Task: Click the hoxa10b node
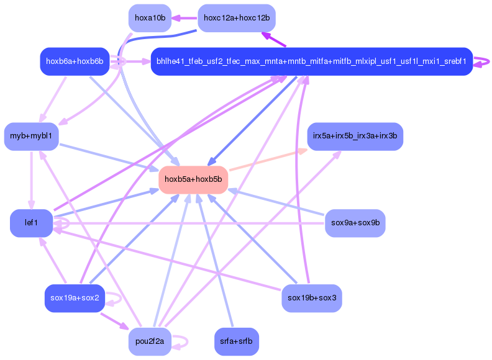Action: (150, 18)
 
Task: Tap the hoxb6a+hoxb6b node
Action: (75, 61)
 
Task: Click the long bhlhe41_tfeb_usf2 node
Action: (311, 61)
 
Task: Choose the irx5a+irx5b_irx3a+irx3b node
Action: (355, 136)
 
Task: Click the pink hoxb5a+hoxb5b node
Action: (193, 179)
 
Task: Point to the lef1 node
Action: (31, 223)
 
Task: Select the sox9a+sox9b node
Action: (355, 223)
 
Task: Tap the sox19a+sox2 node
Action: (75, 298)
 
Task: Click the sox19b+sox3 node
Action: (311, 298)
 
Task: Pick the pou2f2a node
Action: (150, 341)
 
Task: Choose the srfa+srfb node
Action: (237, 341)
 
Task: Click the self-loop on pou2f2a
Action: (181, 341)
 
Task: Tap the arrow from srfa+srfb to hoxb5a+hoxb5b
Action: (217, 261)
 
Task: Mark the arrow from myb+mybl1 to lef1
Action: (32, 180)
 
